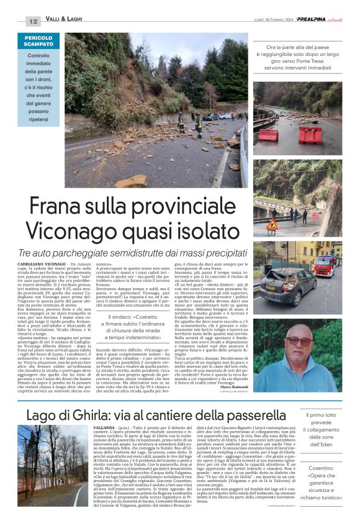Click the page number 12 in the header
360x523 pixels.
click(x=33, y=20)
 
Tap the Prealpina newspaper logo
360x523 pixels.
click(x=315, y=20)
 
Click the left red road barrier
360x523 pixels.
click(x=269, y=134)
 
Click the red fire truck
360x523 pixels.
click(x=325, y=265)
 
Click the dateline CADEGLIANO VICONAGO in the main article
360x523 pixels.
click(x=47, y=265)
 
